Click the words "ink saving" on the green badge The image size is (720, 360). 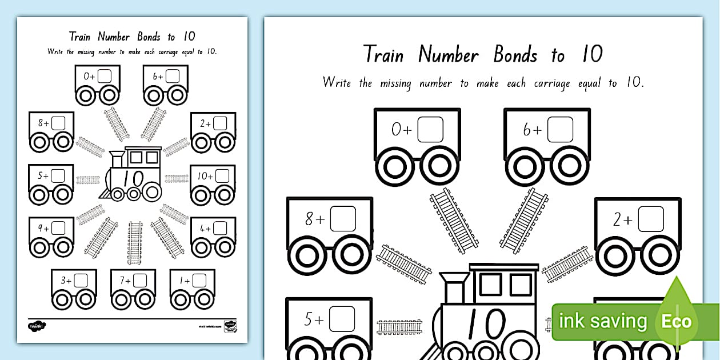[x=602, y=321]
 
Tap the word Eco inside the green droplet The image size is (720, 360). [x=677, y=321]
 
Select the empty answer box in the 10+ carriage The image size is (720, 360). [x=222, y=177]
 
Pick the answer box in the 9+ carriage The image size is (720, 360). [x=58, y=228]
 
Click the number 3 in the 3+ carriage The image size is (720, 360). [x=64, y=281]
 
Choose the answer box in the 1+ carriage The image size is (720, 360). [x=199, y=281]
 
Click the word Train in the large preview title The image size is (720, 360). [x=383, y=55]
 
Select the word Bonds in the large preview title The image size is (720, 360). [x=515, y=55]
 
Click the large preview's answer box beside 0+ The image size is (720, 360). [x=430, y=130]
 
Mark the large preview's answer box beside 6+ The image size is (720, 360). [x=560, y=130]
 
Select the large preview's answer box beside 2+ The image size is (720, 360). [x=651, y=219]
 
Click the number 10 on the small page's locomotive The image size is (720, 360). [x=134, y=179]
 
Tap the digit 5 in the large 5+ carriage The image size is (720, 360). [x=309, y=320]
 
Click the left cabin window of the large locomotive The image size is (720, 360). [x=490, y=284]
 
